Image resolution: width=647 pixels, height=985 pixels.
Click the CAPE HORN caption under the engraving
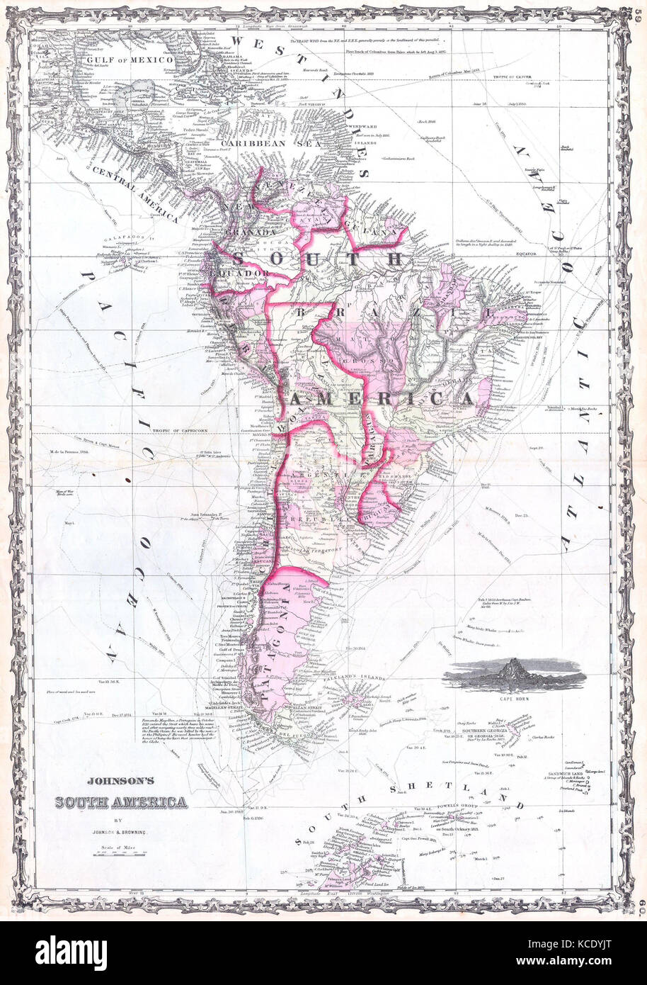coord(520,699)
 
